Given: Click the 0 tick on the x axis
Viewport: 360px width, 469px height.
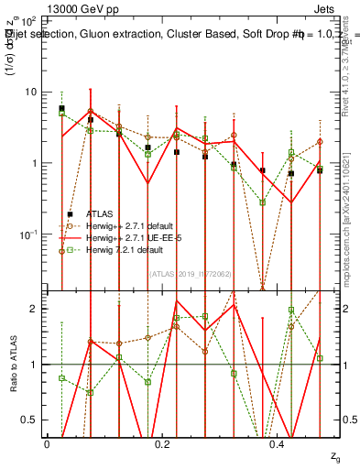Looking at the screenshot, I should tap(47, 443).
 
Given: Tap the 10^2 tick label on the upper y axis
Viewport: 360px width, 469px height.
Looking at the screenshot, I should tap(28, 20).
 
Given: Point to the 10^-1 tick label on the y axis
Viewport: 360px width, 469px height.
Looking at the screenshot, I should tap(28, 234).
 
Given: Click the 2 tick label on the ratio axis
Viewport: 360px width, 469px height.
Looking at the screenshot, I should tap(34, 309).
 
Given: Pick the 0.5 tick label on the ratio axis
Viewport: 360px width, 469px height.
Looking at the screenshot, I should tap(30, 420).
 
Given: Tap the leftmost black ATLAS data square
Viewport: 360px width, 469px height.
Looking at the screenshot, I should tap(61, 108).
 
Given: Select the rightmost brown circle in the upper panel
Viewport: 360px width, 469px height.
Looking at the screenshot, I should tap(320, 142).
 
